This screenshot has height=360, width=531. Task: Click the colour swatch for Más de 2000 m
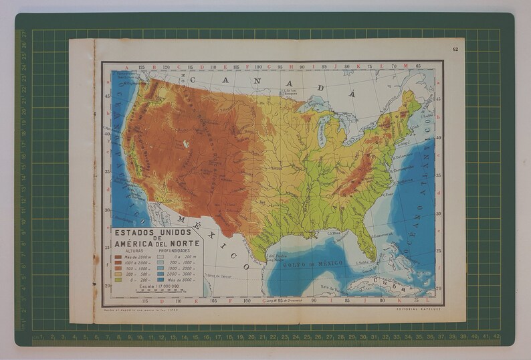(118, 257)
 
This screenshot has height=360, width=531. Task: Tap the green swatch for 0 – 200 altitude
(118, 278)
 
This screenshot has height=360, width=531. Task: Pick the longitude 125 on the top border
(141, 67)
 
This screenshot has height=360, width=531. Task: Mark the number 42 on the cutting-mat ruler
(496, 337)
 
